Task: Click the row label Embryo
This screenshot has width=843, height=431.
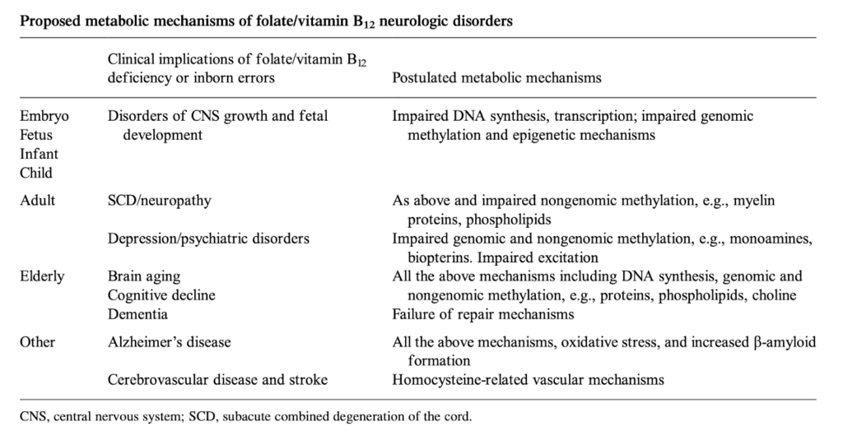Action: point(44,116)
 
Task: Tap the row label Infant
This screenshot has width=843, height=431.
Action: point(39,154)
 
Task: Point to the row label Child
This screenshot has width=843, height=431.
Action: point(36,173)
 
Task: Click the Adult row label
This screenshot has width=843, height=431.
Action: point(37,201)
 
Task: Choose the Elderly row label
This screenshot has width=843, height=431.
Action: point(42,276)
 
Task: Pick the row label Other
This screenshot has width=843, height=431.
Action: point(37,342)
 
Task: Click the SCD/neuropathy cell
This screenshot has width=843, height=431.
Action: point(160,201)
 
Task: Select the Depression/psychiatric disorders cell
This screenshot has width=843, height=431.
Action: point(208,239)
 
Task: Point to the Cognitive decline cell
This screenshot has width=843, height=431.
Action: point(159,295)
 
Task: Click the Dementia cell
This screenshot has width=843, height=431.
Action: point(137,314)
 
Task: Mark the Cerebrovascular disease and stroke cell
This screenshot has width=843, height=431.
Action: point(217,380)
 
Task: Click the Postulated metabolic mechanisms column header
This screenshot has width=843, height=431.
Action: point(496,78)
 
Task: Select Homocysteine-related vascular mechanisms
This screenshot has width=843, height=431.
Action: point(529,380)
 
